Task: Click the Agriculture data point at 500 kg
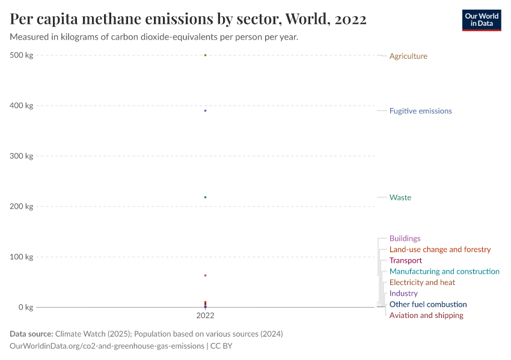[205, 55]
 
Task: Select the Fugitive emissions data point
[205, 110]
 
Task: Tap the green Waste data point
[205, 197]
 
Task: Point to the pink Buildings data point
[205, 275]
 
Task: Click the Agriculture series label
[408, 56]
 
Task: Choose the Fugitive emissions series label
[420, 111]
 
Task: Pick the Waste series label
[400, 197]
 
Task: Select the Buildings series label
[405, 238]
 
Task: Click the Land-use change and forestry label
[439, 249]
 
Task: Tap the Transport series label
[405, 260]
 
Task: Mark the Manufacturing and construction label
[444, 271]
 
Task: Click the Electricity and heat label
[422, 282]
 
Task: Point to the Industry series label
[403, 293]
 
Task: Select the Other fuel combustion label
[427, 304]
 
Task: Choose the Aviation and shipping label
[426, 315]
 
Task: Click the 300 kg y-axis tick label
[22, 156]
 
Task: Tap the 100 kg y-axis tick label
[22, 257]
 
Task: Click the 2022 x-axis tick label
[205, 315]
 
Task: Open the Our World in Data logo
[481, 20]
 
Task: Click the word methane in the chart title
[117, 19]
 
